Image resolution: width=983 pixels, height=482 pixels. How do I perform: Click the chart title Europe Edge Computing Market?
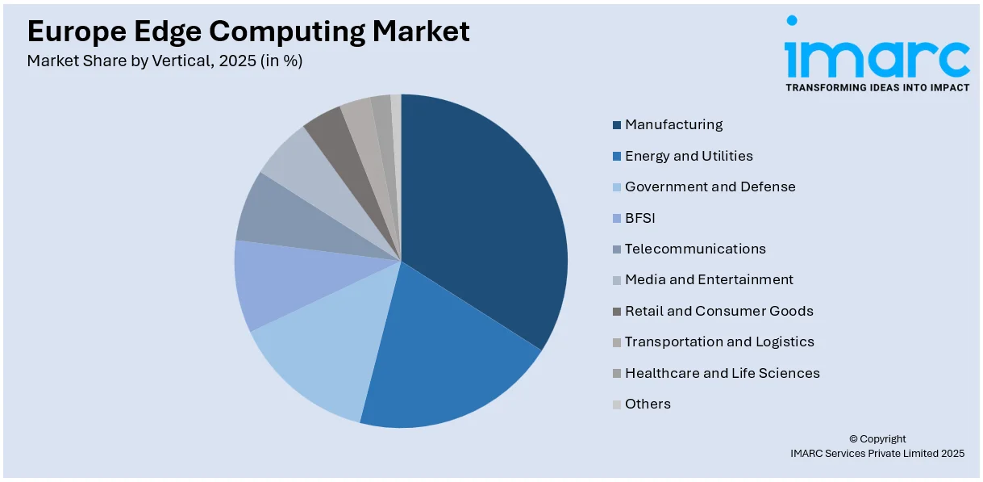tap(248, 31)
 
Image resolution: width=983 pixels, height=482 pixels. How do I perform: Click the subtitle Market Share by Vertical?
tap(165, 61)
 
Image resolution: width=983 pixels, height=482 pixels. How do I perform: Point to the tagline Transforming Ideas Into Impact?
tap(877, 87)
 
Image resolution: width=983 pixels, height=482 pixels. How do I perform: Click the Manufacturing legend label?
tap(673, 124)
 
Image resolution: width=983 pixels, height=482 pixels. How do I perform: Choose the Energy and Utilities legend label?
tap(689, 156)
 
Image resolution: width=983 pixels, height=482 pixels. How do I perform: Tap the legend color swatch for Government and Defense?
tap(617, 187)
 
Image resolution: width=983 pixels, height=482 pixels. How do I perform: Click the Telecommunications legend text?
tap(695, 249)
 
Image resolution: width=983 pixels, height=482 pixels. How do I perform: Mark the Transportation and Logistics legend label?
tap(719, 342)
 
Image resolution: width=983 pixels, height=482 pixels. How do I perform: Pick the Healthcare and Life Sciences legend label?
tap(722, 373)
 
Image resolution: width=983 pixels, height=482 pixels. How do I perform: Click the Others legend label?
tap(648, 404)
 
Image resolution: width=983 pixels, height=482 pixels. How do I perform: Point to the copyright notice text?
tap(877, 446)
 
